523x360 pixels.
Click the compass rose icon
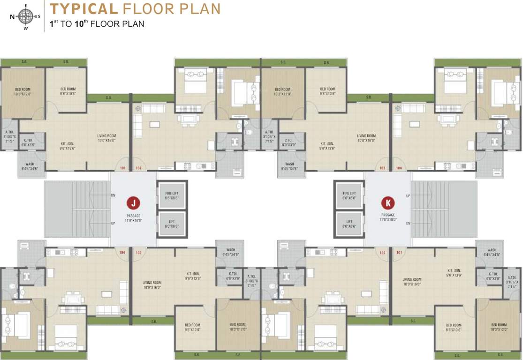(x=26, y=16)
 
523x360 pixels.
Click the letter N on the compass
(x=12, y=17)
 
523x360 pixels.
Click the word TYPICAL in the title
(x=83, y=8)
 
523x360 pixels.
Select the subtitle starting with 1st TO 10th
(x=97, y=23)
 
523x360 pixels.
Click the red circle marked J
(x=134, y=203)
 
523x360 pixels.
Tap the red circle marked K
(x=388, y=203)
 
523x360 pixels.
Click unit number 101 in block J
(x=122, y=168)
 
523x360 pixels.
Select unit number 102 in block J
(x=139, y=168)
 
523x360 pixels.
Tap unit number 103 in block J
(x=139, y=253)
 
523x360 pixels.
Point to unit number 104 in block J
(x=122, y=253)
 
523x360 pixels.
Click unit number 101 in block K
(x=399, y=253)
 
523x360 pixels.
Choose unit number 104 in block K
(x=399, y=168)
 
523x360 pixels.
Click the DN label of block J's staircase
(x=113, y=195)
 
